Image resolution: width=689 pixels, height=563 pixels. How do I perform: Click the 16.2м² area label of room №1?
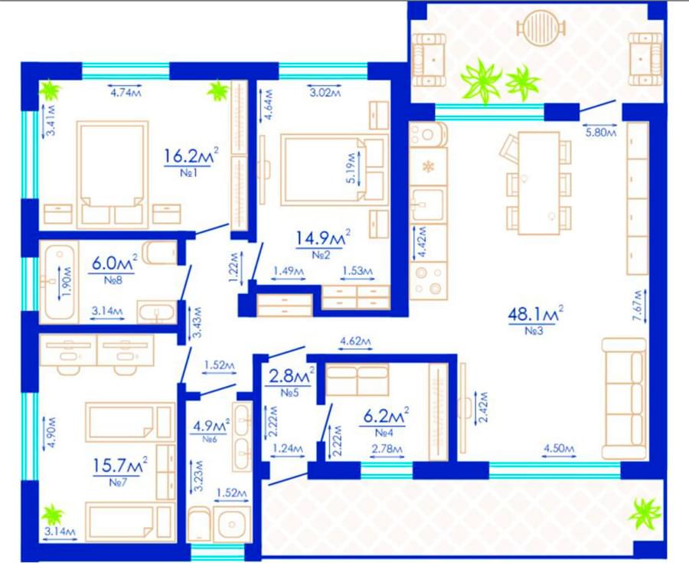click(x=191, y=155)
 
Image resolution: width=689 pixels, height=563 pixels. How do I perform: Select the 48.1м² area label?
click(x=536, y=313)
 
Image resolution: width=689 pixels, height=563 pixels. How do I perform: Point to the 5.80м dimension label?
click(x=601, y=132)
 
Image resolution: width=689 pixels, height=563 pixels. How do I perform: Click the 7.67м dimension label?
click(x=638, y=306)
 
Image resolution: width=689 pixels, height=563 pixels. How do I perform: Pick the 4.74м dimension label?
click(x=126, y=92)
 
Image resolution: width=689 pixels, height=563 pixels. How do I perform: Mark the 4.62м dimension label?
click(x=355, y=341)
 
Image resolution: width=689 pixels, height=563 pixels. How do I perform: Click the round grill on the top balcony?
click(x=541, y=26)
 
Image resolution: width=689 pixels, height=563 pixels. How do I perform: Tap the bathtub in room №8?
click(x=59, y=281)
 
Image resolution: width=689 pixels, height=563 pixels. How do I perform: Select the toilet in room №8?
click(x=159, y=252)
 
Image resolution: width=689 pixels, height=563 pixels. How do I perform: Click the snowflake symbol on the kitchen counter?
click(x=427, y=166)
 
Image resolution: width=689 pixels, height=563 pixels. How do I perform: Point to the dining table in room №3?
click(x=539, y=183)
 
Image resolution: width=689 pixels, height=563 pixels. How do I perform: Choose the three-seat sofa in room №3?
click(x=624, y=398)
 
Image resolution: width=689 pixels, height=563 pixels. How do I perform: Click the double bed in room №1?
click(x=113, y=174)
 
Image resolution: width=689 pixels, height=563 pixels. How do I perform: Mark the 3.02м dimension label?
click(x=325, y=92)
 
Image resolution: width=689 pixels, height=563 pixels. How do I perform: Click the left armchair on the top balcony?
click(x=429, y=59)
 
